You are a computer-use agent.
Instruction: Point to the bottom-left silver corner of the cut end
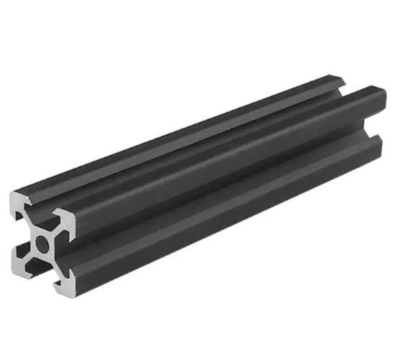coord(20,260)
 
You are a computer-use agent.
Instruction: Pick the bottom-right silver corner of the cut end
coord(63,287)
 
